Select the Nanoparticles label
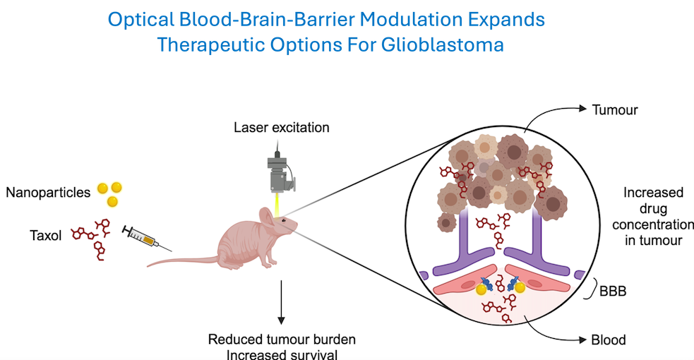click(49, 192)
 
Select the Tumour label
click(614, 109)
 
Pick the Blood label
click(609, 340)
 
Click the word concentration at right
click(652, 224)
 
